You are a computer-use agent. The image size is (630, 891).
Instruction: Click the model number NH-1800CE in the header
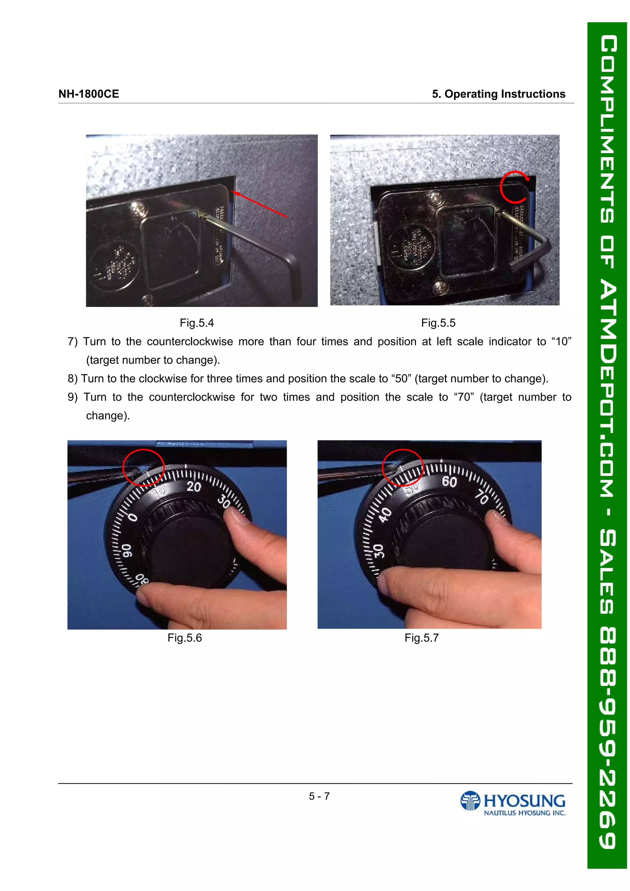(89, 94)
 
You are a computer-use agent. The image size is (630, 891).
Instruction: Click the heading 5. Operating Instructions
(498, 94)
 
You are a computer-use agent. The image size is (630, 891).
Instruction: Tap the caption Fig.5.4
(197, 323)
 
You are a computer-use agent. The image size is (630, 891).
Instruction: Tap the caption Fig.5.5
(438, 323)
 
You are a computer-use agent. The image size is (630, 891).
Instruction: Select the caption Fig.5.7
(421, 638)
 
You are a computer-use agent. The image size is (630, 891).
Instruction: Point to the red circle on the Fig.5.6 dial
(143, 467)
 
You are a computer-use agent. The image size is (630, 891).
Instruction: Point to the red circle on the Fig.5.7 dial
(403, 467)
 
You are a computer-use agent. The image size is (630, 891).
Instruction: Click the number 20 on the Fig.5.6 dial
(194, 486)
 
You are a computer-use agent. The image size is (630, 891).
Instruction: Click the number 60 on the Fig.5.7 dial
(449, 482)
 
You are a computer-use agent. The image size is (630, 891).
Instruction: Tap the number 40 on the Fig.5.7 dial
(385, 515)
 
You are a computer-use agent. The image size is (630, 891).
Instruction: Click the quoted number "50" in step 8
(401, 379)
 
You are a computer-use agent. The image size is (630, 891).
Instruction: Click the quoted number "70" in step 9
(464, 397)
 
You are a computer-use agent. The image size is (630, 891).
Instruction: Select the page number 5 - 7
(319, 796)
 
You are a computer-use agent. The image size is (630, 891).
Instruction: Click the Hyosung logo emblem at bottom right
(470, 801)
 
